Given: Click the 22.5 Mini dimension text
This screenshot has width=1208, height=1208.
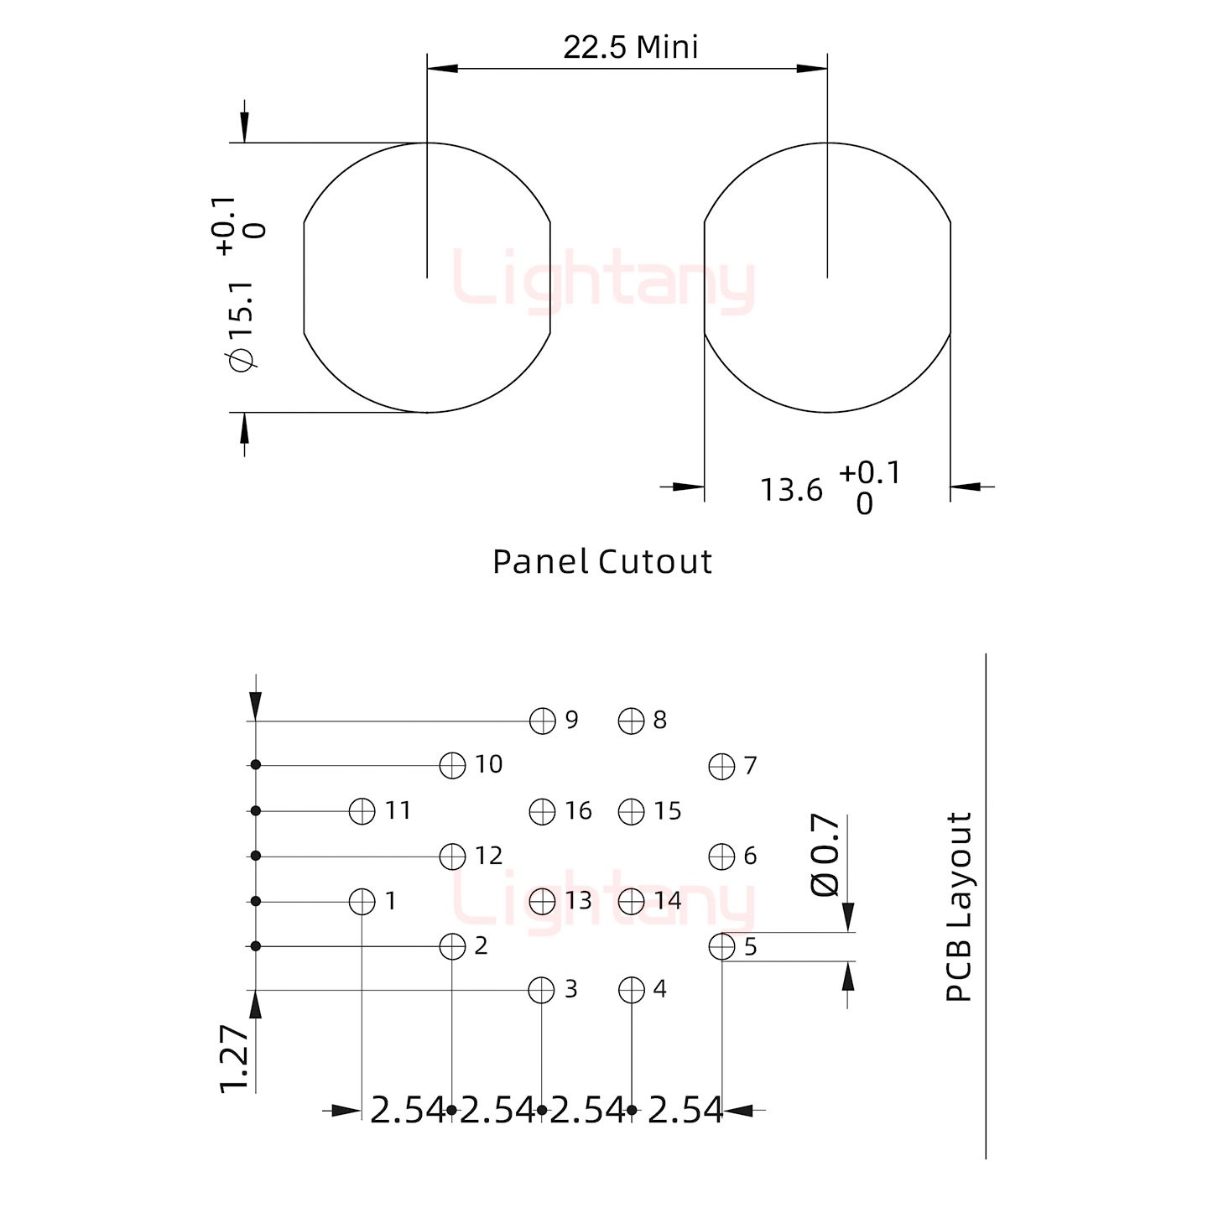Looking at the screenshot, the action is point(630,48).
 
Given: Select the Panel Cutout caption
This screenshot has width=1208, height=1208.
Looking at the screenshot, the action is point(602,562).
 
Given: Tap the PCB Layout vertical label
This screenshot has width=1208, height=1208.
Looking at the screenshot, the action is point(959,907).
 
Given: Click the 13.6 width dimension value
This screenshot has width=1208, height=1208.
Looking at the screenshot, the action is point(791,490).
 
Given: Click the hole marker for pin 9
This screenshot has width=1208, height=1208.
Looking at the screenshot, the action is point(542,721).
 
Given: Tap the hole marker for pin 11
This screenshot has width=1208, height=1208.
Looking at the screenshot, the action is point(362,811).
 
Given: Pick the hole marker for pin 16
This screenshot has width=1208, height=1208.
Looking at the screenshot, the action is point(542,812).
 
